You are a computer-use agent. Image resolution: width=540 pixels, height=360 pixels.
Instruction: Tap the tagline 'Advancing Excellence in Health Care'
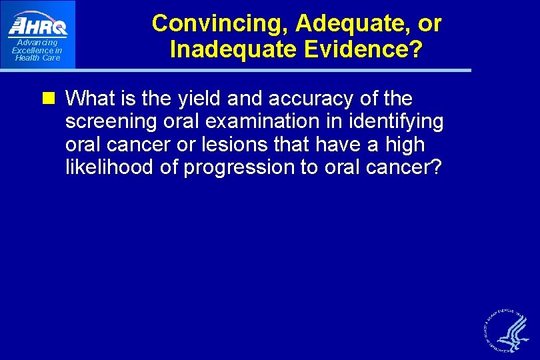coord(37,50)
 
